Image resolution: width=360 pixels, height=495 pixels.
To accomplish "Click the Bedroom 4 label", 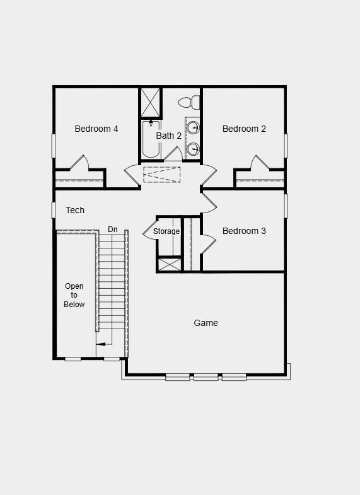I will pyautogui.click(x=96, y=129).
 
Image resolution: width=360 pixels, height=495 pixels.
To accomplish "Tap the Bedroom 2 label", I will pyautogui.click(x=244, y=129).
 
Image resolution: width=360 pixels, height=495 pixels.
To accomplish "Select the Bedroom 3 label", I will pyautogui.click(x=244, y=231).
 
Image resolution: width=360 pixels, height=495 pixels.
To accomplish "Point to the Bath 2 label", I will pyautogui.click(x=169, y=136).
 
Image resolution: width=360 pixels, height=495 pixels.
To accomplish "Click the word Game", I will pyautogui.click(x=206, y=323).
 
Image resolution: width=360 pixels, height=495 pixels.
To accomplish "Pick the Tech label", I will pyautogui.click(x=75, y=210).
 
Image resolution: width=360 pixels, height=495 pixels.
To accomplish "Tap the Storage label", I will pyautogui.click(x=166, y=231).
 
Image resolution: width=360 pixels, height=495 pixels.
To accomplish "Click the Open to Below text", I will pyautogui.click(x=74, y=295).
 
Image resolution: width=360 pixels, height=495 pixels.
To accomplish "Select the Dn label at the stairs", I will pyautogui.click(x=113, y=230).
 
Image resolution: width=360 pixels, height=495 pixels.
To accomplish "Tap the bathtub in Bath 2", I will pyautogui.click(x=150, y=140).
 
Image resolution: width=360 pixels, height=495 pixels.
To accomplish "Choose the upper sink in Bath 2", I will pyautogui.click(x=194, y=129).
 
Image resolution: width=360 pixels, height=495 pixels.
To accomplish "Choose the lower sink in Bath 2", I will pyautogui.click(x=194, y=149).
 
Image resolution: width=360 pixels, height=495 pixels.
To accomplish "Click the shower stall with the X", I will pyautogui.click(x=151, y=102).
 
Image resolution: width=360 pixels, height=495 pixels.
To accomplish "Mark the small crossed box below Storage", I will pyautogui.click(x=169, y=264).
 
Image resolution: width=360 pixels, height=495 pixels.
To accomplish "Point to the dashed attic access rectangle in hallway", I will pyautogui.click(x=162, y=174).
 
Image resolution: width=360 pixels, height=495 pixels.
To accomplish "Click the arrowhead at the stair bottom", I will pyautogui.click(x=98, y=344).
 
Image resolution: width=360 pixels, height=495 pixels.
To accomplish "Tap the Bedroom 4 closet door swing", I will pyautogui.click(x=79, y=163).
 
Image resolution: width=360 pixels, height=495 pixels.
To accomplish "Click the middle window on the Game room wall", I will pyautogui.click(x=206, y=378).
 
